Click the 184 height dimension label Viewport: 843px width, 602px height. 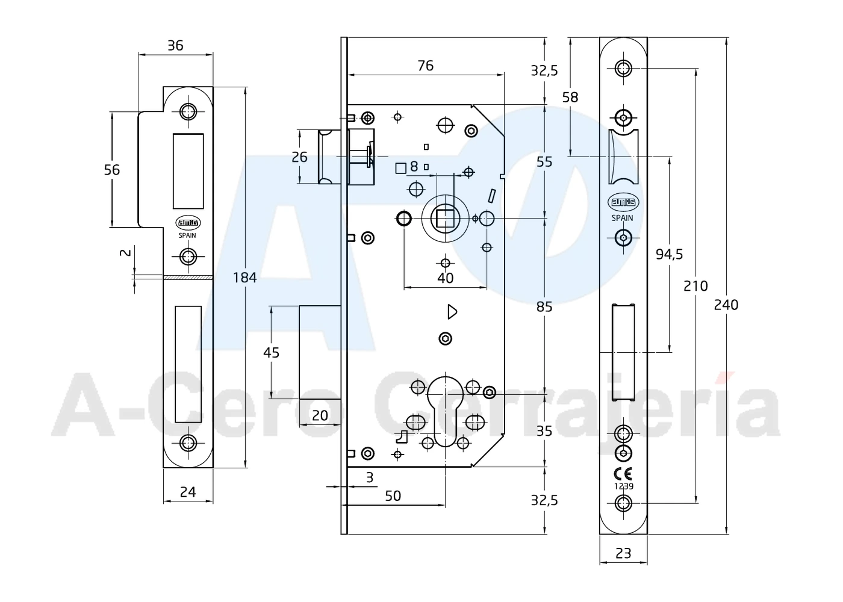click(244, 278)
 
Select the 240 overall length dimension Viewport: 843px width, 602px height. click(726, 305)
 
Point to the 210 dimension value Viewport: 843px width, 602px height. click(695, 287)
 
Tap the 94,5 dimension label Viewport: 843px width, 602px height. click(669, 255)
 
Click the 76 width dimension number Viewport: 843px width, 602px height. click(426, 66)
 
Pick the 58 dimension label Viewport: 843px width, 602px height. click(570, 98)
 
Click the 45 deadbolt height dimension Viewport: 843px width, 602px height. click(271, 353)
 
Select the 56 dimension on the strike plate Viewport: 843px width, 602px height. click(112, 170)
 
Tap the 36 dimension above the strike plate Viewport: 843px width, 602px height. click(175, 46)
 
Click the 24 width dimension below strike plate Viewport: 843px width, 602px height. click(188, 492)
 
